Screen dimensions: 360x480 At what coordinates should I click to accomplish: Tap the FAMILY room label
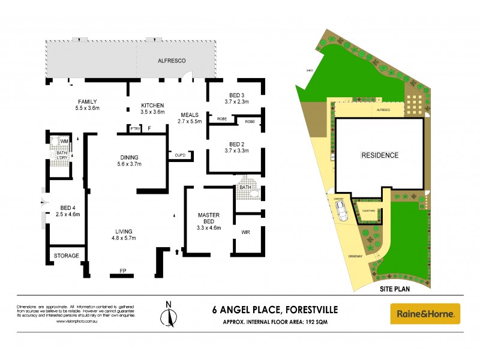click(x=87, y=101)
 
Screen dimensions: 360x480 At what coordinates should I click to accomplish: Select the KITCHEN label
click(x=152, y=105)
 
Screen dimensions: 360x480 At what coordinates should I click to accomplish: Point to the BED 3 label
click(x=237, y=95)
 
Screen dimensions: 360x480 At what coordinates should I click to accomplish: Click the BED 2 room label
click(x=237, y=144)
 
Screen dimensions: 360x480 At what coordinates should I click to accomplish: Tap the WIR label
click(x=245, y=232)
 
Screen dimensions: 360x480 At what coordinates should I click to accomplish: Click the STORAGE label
click(x=67, y=256)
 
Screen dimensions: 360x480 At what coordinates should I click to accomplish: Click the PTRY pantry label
click(x=135, y=128)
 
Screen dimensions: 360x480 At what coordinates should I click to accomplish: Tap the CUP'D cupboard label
click(x=180, y=155)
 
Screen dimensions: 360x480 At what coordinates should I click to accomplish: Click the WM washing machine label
click(x=64, y=142)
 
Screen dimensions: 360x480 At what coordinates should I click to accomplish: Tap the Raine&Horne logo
click(x=425, y=313)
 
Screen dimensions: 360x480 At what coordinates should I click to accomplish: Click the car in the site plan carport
click(x=342, y=211)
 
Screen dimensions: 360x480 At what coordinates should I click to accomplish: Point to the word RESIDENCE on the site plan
click(x=379, y=155)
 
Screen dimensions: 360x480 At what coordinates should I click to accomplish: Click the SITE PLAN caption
click(x=398, y=289)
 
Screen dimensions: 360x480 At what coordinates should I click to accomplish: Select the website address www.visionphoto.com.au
click(x=76, y=321)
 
